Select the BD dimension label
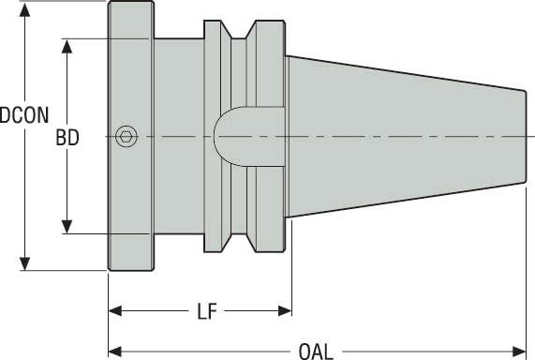pos(67,137)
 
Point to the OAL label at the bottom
pos(315,352)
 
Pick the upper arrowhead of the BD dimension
pos(67,46)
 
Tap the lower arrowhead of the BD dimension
pos(67,227)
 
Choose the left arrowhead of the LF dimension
pos(116,311)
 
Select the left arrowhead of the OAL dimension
pos(116,352)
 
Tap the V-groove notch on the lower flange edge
pos(241,239)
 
